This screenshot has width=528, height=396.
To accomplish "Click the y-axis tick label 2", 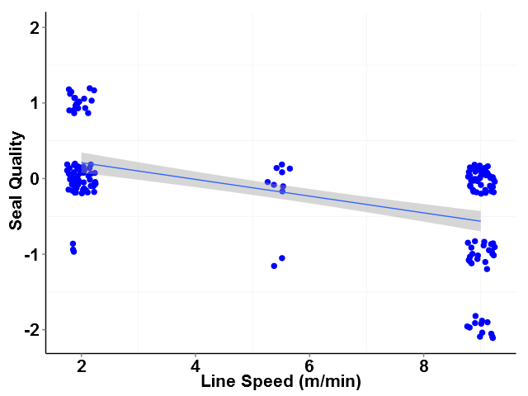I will (x=33, y=28).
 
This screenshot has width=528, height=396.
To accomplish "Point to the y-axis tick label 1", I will (x=33, y=103).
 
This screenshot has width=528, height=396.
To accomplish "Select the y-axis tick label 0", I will (x=33, y=178).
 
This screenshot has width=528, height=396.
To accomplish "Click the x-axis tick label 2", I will (x=82, y=366).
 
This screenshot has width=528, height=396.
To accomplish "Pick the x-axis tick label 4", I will (x=196, y=366).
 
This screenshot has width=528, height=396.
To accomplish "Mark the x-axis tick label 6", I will (x=309, y=366).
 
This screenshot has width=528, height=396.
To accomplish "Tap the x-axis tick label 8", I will (x=423, y=366).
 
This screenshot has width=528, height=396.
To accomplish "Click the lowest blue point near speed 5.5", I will (x=274, y=266).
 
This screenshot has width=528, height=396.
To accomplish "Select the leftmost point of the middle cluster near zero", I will (x=267, y=181).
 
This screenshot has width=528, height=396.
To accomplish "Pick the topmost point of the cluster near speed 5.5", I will (x=281, y=164).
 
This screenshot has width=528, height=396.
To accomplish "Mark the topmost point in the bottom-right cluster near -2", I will (x=475, y=316).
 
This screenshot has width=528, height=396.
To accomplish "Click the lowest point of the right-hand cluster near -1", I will (x=487, y=269).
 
